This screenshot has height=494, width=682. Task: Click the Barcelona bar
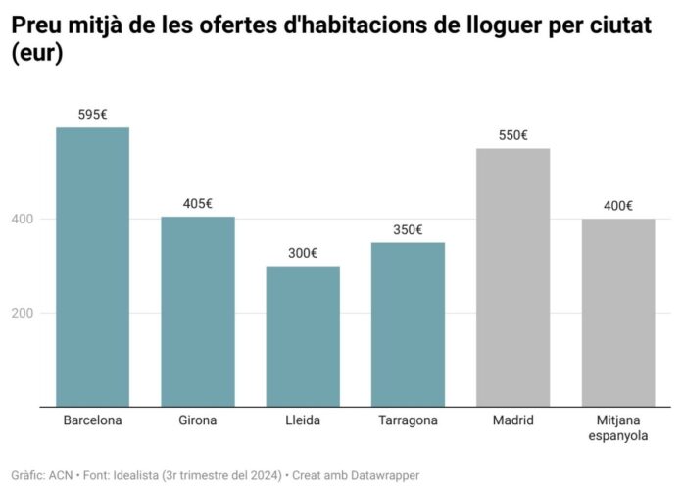tap(92, 267)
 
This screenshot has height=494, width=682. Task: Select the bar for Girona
tap(198, 311)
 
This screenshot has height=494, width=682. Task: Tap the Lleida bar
tap(303, 336)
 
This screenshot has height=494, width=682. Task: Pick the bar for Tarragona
tap(408, 323)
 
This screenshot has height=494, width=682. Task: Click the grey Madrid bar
tap(512, 276)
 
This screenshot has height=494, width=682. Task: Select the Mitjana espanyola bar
tap(617, 312)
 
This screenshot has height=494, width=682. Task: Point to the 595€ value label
tap(92, 115)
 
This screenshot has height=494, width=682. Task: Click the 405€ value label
tap(198, 204)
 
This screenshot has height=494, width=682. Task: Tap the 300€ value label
tap(303, 253)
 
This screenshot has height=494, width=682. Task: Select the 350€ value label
tap(408, 230)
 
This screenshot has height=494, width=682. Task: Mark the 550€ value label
tap(512, 135)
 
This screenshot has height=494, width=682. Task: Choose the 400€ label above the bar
tap(617, 206)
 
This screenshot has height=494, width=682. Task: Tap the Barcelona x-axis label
tap(92, 420)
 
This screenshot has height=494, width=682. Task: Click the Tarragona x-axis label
tap(408, 420)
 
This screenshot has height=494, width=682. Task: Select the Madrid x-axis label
tap(512, 420)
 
